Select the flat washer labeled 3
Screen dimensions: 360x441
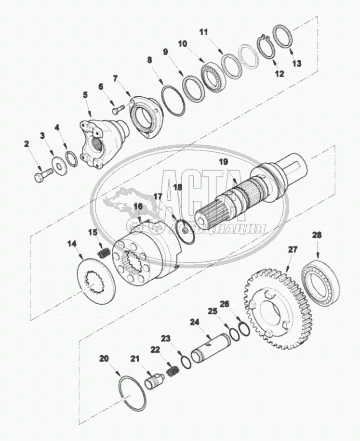(59, 167)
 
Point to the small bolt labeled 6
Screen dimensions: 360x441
(118, 109)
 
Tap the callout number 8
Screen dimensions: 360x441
(149, 61)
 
